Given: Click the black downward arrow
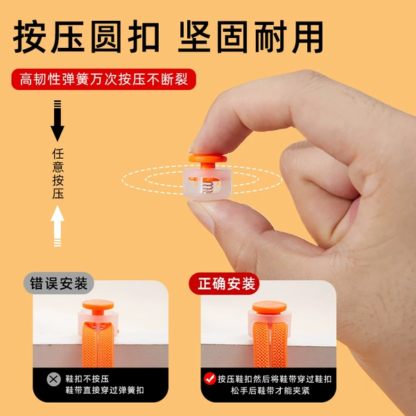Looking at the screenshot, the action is (x=58, y=121).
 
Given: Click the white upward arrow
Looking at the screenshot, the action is (x=58, y=226).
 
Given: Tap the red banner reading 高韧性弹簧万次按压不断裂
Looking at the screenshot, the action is (x=104, y=79).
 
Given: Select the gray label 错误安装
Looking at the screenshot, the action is (x=59, y=283).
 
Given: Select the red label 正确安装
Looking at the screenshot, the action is (x=224, y=284).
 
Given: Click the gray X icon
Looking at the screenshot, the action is (x=53, y=379).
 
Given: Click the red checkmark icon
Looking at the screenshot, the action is (x=210, y=379).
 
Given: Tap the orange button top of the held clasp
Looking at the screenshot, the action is (x=208, y=159).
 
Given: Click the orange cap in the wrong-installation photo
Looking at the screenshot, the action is (x=98, y=305).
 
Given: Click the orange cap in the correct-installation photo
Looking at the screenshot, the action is (x=269, y=307).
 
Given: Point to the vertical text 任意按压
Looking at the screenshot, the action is (x=58, y=174).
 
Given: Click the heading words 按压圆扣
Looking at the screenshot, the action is (x=87, y=37).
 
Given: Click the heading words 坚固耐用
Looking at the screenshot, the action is (x=251, y=37).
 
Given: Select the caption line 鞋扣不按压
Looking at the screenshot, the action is (x=87, y=379).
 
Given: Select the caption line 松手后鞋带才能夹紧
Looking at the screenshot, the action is (x=270, y=390).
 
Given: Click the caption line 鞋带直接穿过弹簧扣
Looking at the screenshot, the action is (x=105, y=390).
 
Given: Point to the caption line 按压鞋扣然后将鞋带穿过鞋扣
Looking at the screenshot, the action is (x=275, y=379).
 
